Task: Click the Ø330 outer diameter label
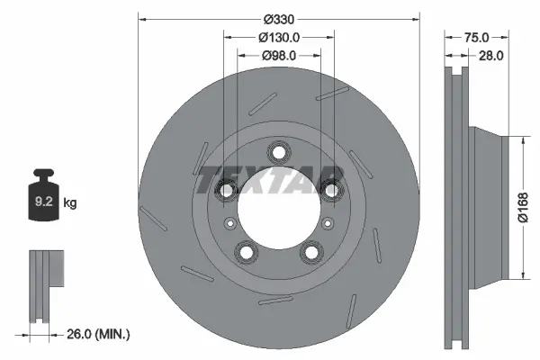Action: point(279,19)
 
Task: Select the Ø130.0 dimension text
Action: point(279,38)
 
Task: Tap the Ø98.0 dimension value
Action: point(279,56)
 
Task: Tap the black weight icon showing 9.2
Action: point(44,199)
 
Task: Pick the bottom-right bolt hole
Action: point(312,253)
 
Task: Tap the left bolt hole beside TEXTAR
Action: point(225,189)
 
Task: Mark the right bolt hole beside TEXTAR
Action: point(333,189)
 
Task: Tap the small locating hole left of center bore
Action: point(230,222)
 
